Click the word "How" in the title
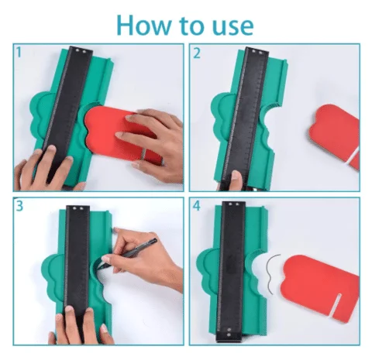click(144, 25)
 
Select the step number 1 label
click(19, 52)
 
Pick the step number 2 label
click(197, 53)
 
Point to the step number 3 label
click(19, 206)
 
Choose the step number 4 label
click(197, 206)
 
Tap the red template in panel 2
click(336, 134)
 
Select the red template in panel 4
click(320, 284)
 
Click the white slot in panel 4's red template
click(336, 304)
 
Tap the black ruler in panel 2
click(246, 116)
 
